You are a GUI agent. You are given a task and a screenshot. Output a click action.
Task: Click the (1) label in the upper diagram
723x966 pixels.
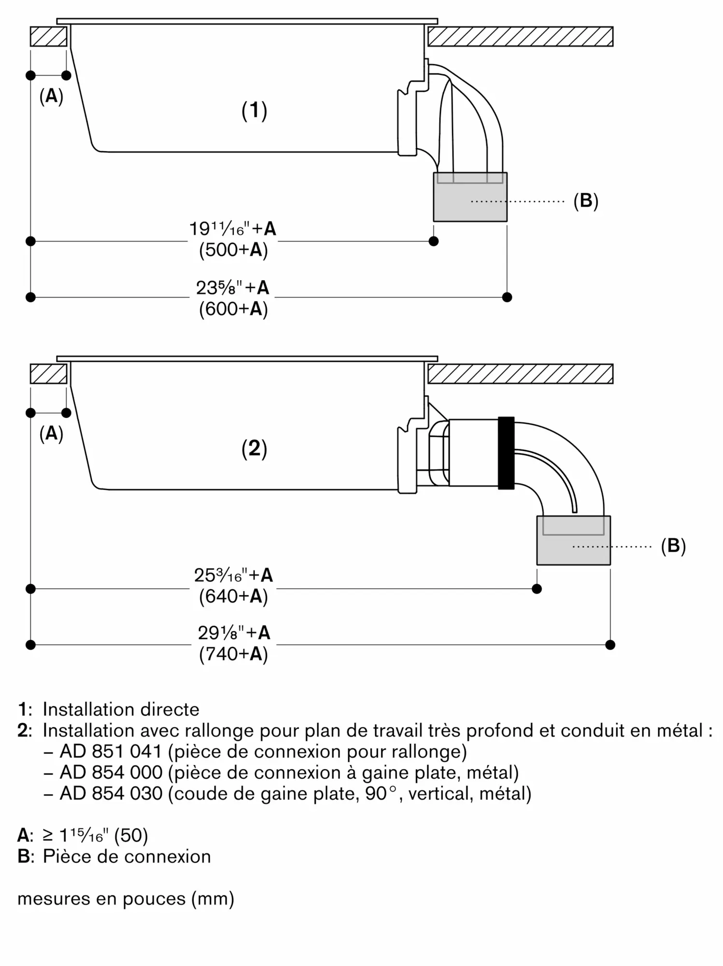click(x=254, y=111)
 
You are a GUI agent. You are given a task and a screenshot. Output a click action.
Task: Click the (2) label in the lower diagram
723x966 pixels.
click(x=254, y=449)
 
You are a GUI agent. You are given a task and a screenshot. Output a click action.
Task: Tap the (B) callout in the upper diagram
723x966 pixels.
click(x=585, y=200)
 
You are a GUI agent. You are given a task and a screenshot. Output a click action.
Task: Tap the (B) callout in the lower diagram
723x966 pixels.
click(x=673, y=546)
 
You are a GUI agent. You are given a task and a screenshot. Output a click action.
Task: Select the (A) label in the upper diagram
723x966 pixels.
click(x=51, y=97)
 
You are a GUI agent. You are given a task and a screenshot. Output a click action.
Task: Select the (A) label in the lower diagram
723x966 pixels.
click(x=51, y=434)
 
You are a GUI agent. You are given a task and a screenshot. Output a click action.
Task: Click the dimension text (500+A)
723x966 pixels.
click(x=233, y=250)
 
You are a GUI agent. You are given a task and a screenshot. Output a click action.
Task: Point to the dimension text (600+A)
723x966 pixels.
click(x=233, y=309)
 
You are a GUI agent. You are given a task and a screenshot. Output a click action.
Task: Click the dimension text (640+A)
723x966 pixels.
click(x=233, y=597)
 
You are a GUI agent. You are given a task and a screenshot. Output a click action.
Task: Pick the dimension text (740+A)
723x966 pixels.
click(x=233, y=654)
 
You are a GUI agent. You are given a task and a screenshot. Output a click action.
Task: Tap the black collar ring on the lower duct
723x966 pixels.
click(x=506, y=453)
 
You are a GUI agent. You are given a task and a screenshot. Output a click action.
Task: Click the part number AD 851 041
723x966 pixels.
click(x=111, y=751)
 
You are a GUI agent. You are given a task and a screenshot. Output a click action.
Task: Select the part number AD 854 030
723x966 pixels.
click(x=111, y=794)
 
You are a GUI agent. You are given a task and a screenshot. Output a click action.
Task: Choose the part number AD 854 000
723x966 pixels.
click(x=111, y=772)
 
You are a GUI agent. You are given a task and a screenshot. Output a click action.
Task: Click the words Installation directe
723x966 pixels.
click(x=121, y=709)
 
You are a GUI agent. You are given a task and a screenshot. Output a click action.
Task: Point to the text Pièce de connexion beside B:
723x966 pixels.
click(x=127, y=856)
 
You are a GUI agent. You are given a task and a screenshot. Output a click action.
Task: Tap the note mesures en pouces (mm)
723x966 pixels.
click(x=126, y=898)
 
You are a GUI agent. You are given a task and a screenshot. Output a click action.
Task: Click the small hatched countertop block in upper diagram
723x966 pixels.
click(x=48, y=37)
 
